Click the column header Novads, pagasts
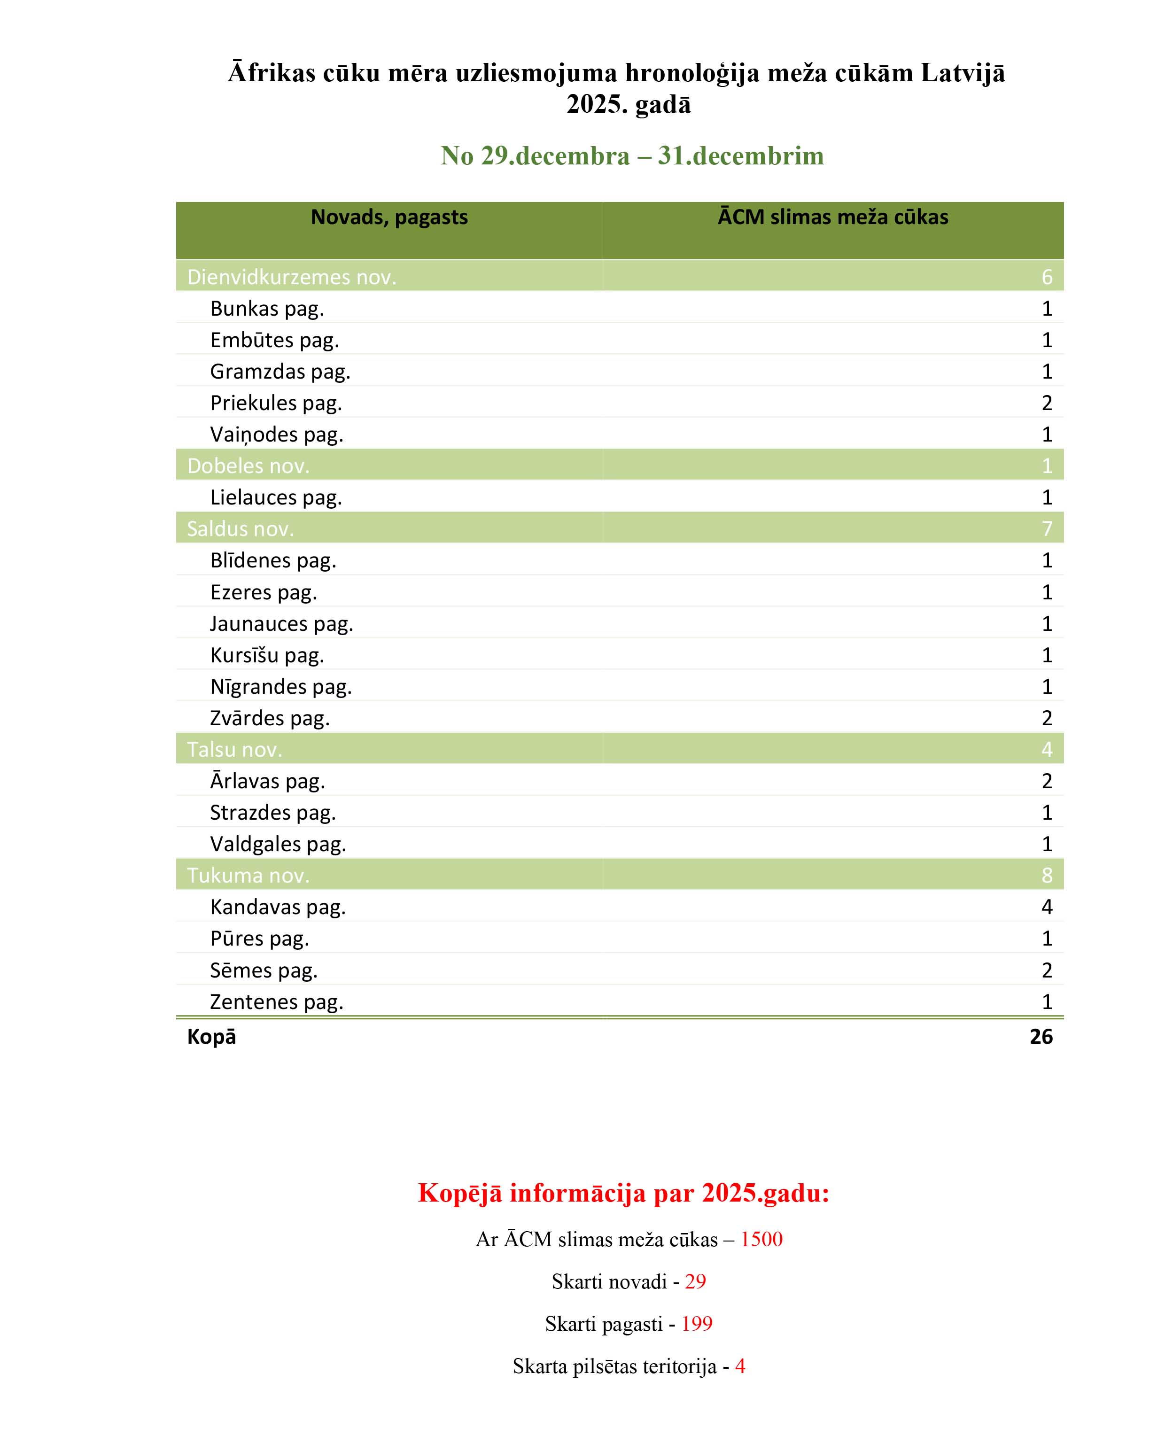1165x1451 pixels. point(389,217)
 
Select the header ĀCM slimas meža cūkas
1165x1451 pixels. point(832,217)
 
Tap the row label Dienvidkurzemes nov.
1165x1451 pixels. point(291,277)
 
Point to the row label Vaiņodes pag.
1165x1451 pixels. point(277,434)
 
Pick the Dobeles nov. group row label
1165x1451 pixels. point(249,466)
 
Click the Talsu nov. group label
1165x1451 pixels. point(234,749)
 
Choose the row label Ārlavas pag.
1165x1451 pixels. point(267,781)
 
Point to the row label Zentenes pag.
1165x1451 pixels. point(277,1001)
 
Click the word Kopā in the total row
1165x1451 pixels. point(211,1036)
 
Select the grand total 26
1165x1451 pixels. point(1041,1036)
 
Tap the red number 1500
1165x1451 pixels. point(761,1239)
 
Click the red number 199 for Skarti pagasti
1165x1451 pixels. point(697,1323)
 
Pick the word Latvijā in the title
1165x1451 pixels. point(963,73)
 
